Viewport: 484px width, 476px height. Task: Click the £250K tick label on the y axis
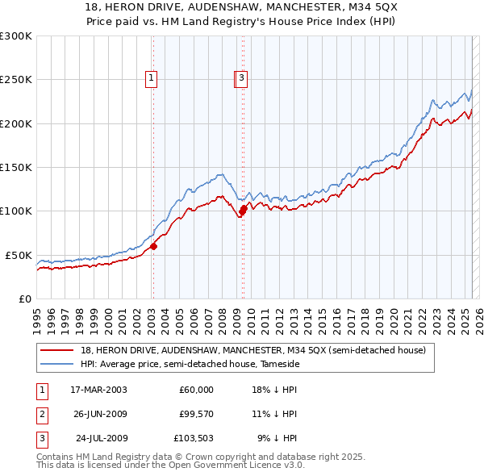point(16,80)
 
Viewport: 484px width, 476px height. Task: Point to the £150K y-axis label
point(16,167)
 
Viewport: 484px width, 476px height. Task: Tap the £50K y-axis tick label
point(19,255)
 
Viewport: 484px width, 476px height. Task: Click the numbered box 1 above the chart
point(152,78)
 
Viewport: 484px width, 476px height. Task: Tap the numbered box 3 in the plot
point(242,78)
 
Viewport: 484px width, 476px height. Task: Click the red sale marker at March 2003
point(153,247)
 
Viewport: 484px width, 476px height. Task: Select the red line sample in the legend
point(57,350)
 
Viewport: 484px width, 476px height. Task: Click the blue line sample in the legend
point(57,364)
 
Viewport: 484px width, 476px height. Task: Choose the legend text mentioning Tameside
point(190,364)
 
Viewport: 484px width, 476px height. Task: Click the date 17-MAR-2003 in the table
point(98,390)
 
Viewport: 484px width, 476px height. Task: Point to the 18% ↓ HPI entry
point(274,390)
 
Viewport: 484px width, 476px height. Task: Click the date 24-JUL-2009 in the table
point(102,439)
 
